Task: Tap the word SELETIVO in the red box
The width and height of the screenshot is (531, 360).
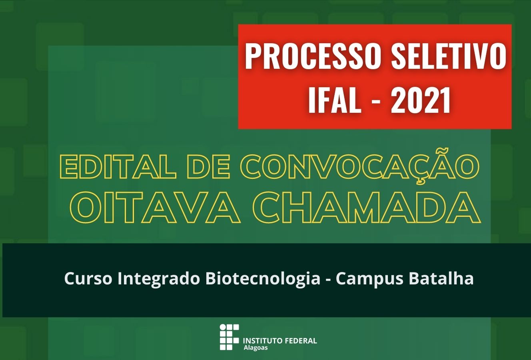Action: coord(448,57)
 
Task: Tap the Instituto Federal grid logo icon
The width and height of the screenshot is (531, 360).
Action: coord(229,337)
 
